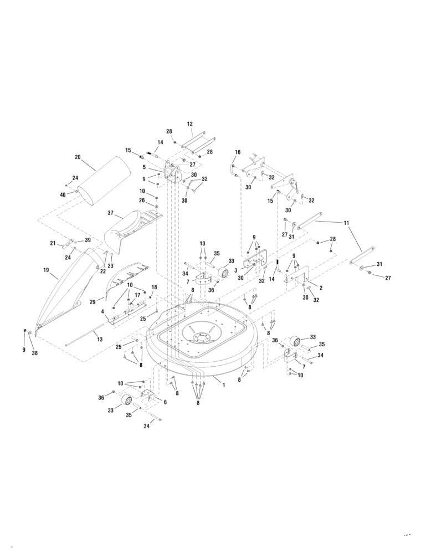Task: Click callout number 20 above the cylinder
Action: point(78,157)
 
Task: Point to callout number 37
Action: point(110,213)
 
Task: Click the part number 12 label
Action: point(189,124)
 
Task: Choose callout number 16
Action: point(238,152)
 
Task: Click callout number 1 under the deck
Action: point(224,384)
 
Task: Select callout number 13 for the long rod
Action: point(100,339)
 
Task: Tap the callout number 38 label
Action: point(34,353)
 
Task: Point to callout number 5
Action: point(144,167)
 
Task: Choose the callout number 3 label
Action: point(235,270)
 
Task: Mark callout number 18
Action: point(154,287)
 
